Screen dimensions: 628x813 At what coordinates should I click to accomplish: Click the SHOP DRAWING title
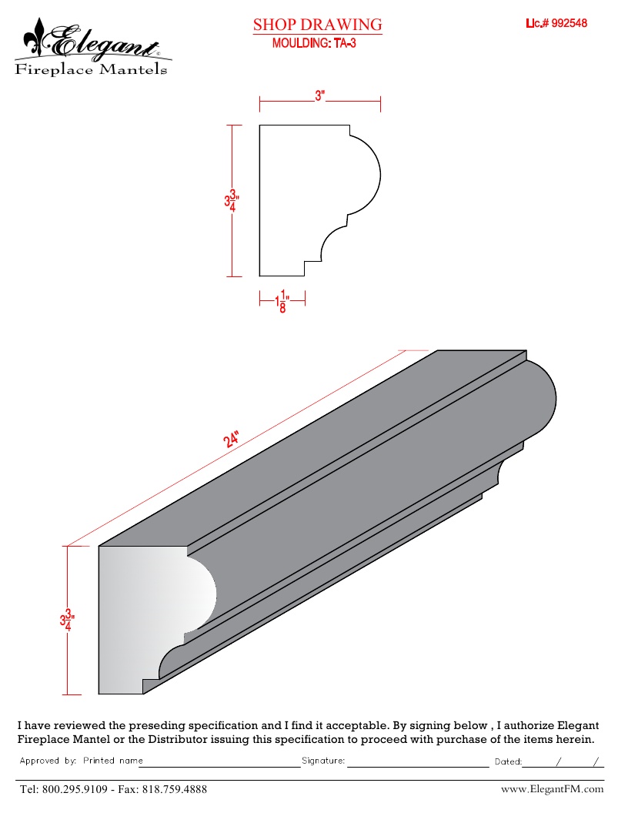click(x=317, y=25)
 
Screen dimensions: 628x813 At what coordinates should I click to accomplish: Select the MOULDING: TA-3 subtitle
click(x=314, y=43)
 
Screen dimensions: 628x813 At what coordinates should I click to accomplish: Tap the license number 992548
click(x=569, y=23)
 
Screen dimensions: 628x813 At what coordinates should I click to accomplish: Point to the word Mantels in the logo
click(x=133, y=69)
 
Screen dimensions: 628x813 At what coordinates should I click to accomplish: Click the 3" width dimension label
click(x=319, y=96)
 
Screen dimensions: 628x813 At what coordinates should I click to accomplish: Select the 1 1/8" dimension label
click(x=282, y=301)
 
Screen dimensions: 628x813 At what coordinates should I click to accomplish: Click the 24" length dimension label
click(x=231, y=439)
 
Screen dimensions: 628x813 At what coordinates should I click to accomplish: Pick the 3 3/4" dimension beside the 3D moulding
click(x=68, y=620)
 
